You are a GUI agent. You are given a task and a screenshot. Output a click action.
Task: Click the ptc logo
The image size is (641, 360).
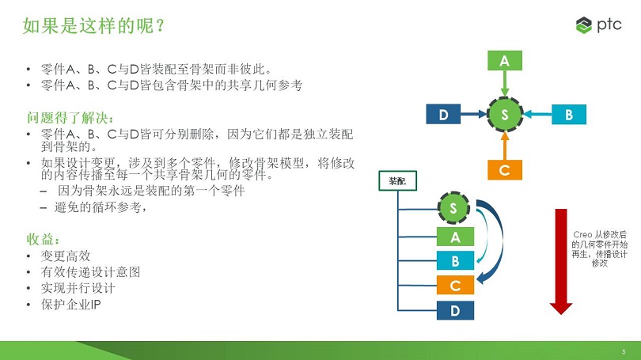tap(598, 25)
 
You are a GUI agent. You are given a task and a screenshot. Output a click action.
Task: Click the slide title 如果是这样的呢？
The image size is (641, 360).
tap(93, 25)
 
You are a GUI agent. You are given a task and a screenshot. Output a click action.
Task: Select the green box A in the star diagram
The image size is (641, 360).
tap(504, 60)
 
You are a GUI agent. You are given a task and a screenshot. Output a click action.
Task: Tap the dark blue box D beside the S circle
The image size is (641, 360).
tap(443, 114)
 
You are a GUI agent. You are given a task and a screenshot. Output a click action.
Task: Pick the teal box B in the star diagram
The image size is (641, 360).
tap(569, 114)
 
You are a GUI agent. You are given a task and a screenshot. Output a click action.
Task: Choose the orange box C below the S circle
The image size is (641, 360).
tap(504, 170)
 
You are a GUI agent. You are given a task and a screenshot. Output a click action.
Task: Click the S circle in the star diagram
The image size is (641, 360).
tap(504, 114)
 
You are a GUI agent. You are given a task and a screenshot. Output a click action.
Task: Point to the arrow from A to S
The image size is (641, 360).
tap(504, 84)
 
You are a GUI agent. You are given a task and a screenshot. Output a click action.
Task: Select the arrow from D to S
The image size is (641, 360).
tap(474, 114)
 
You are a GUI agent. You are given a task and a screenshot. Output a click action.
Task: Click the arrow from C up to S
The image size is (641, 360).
tap(504, 146)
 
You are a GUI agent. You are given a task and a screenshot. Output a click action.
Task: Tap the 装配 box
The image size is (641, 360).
tap(397, 180)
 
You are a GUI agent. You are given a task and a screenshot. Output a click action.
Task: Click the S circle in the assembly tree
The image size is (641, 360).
tap(453, 207)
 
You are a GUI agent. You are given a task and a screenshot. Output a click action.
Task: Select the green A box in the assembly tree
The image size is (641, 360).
tap(455, 237)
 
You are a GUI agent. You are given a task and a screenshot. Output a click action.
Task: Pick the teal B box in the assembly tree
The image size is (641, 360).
tap(455, 261)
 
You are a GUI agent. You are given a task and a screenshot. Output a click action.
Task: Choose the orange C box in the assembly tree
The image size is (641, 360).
tap(455, 285)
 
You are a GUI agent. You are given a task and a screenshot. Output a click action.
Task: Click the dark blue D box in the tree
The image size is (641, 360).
tap(455, 310)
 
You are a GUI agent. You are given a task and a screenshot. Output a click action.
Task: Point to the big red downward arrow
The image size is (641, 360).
tap(561, 262)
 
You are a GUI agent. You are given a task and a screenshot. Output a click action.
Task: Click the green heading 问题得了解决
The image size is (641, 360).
tap(70, 118)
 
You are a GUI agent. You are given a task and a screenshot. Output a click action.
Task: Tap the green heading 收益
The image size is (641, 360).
tap(43, 239)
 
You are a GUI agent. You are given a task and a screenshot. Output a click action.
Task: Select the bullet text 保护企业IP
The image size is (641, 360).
tap(70, 305)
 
